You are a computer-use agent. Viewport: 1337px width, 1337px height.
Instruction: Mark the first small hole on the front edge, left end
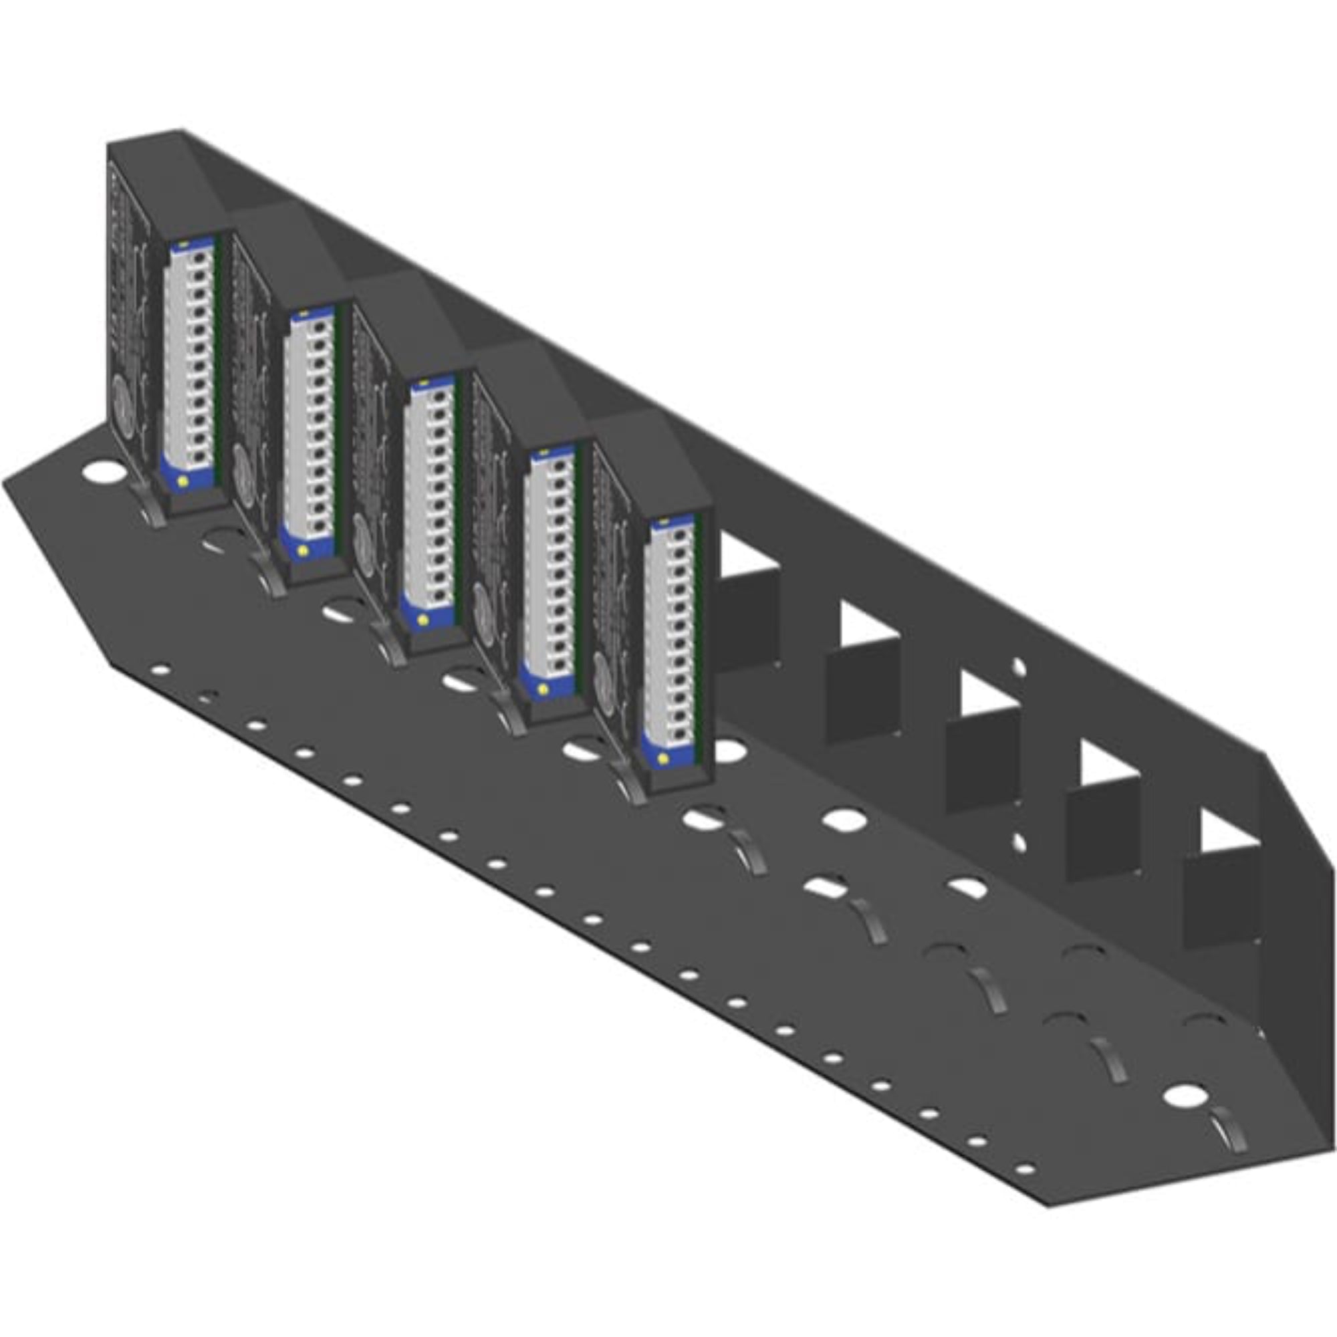[160, 670]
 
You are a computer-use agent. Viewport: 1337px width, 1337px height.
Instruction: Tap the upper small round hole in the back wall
[1019, 667]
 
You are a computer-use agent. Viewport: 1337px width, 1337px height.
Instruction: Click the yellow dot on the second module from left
[302, 550]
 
